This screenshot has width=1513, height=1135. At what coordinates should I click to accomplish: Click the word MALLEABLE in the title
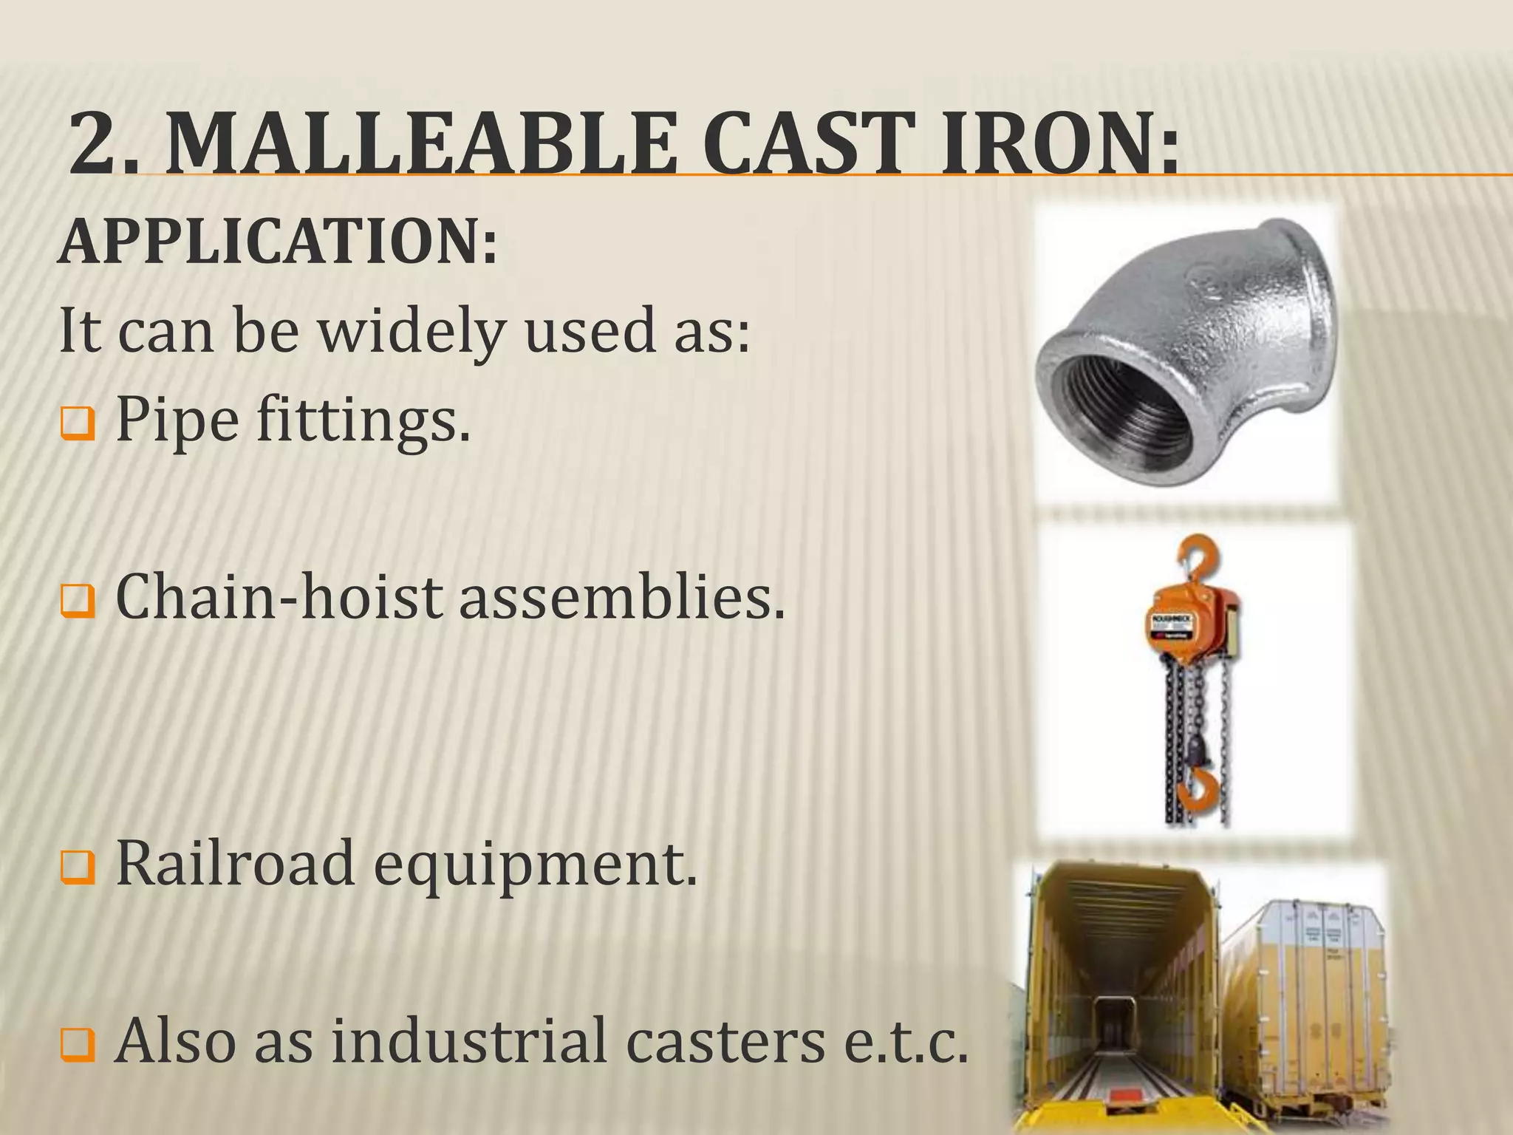click(421, 142)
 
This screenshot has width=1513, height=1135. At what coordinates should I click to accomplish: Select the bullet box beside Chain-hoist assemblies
click(78, 601)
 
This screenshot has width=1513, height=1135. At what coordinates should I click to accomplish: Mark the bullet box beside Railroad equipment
click(78, 868)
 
